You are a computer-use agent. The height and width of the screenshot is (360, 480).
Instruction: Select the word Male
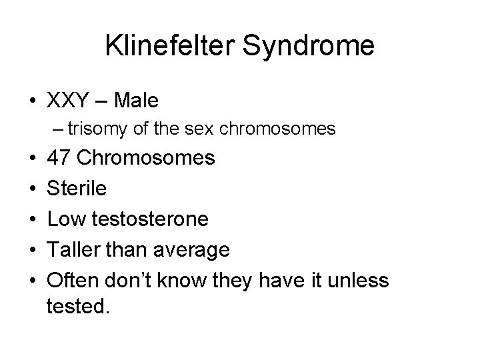click(x=137, y=101)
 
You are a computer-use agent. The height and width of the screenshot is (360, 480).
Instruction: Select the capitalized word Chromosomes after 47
click(x=146, y=158)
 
